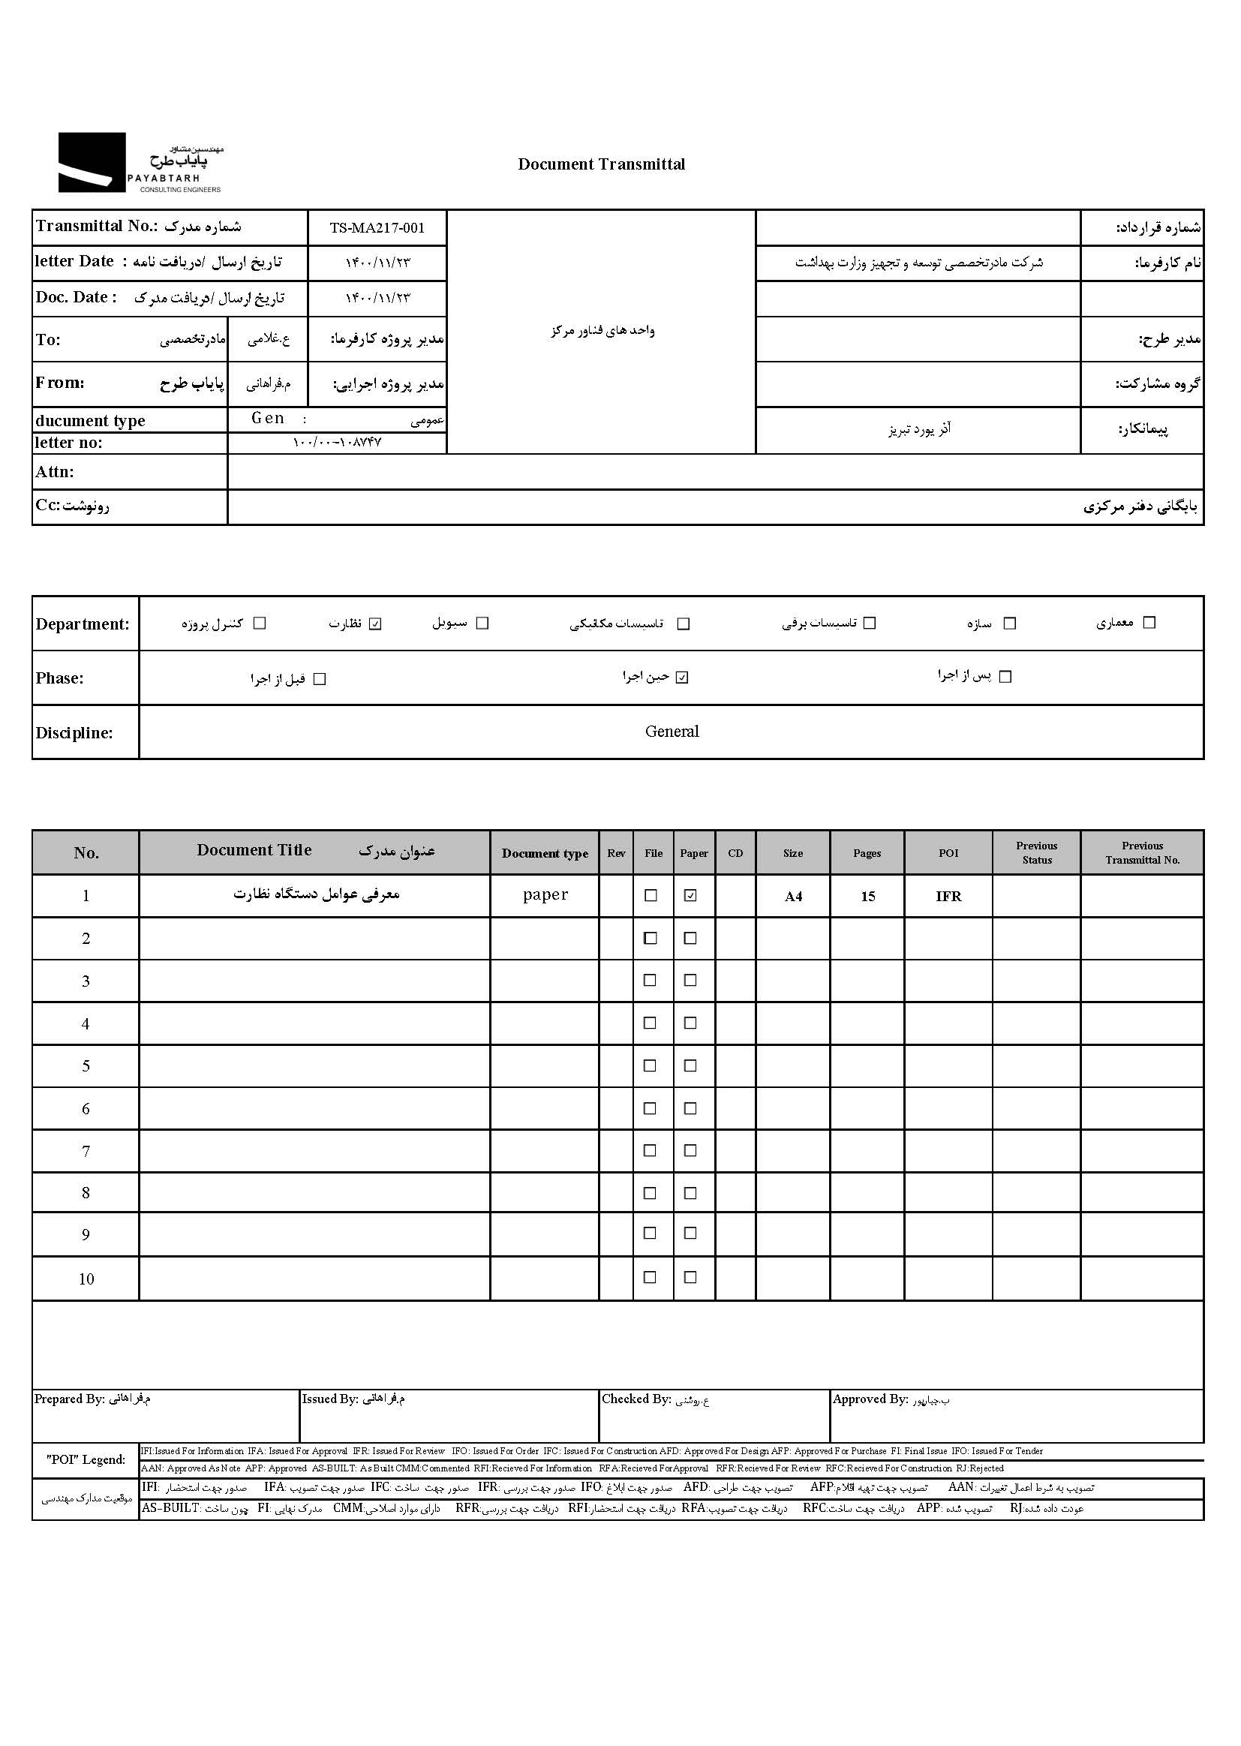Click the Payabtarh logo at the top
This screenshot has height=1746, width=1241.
coord(140,163)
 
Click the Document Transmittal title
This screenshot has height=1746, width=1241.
coord(602,164)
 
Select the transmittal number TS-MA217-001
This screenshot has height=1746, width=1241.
coord(377,227)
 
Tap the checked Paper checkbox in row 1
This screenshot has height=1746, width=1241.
coord(690,896)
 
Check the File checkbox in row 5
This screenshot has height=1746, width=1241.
coord(651,1065)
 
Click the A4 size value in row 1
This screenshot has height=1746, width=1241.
coord(793,897)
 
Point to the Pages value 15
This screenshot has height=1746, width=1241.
coord(867,897)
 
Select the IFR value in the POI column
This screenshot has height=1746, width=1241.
coord(948,897)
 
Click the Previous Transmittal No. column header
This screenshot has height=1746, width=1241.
coord(1142,853)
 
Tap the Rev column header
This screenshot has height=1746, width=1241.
coord(616,854)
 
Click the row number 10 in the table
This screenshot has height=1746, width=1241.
coord(86,1279)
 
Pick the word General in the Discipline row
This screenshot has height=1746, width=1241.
coord(672,732)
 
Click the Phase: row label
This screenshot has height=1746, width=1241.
coord(59,678)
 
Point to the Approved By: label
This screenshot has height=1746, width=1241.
coord(870,1399)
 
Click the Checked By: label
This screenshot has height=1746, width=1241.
coord(636,1399)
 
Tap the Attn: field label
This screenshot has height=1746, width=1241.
coord(55,472)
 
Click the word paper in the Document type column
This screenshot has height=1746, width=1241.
coord(545,895)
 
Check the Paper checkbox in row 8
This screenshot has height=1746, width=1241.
coord(690,1193)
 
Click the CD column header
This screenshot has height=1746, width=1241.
coord(735,854)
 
